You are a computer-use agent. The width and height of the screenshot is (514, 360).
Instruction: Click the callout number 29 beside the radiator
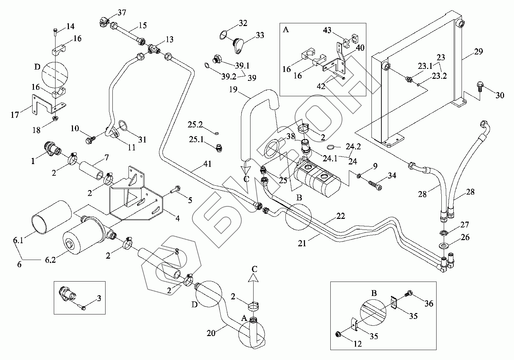(x=478, y=52)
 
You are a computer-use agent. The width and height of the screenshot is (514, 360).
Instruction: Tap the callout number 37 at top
(x=122, y=13)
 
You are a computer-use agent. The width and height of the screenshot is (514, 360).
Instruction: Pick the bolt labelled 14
(x=56, y=32)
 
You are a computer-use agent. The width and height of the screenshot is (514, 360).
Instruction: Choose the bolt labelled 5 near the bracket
(x=176, y=188)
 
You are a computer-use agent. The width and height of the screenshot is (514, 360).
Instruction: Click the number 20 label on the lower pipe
(x=211, y=332)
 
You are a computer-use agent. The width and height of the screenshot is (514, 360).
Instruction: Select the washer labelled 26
(x=444, y=246)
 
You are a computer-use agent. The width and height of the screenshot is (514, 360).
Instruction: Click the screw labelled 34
(x=375, y=186)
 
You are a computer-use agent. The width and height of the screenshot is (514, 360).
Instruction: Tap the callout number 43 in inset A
(x=327, y=30)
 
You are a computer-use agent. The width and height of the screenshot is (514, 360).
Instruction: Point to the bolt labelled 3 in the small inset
(x=83, y=308)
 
